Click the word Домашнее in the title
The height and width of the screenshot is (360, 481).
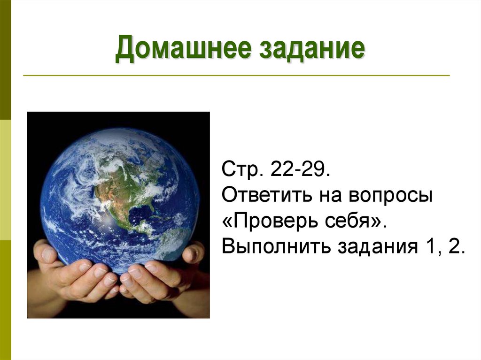180,50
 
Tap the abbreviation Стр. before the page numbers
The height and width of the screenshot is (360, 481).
239,170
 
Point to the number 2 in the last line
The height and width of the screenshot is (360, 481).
454,246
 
